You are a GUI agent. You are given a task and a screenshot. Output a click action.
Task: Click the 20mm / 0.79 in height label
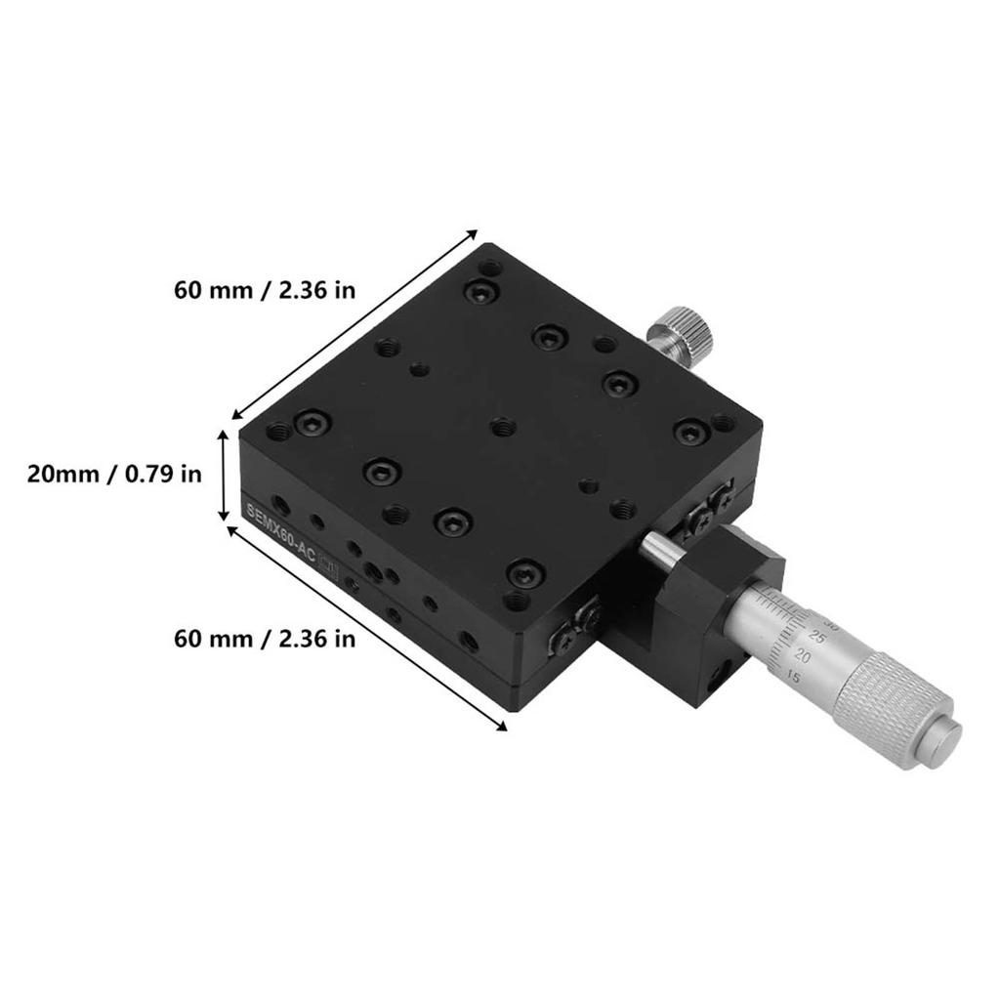tap(114, 475)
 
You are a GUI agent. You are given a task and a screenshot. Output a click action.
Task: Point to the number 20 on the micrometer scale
tap(803, 654)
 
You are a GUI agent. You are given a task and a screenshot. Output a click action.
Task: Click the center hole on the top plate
tap(503, 426)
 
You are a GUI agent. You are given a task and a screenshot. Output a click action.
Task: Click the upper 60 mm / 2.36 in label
tap(265, 290)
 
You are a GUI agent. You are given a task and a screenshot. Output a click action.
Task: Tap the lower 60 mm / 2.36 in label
tap(265, 640)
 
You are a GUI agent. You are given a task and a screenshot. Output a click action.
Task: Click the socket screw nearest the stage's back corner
tap(480, 290)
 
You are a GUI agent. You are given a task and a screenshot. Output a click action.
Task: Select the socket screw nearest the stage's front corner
tap(525, 573)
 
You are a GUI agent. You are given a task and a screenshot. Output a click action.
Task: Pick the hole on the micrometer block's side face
tap(724, 673)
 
